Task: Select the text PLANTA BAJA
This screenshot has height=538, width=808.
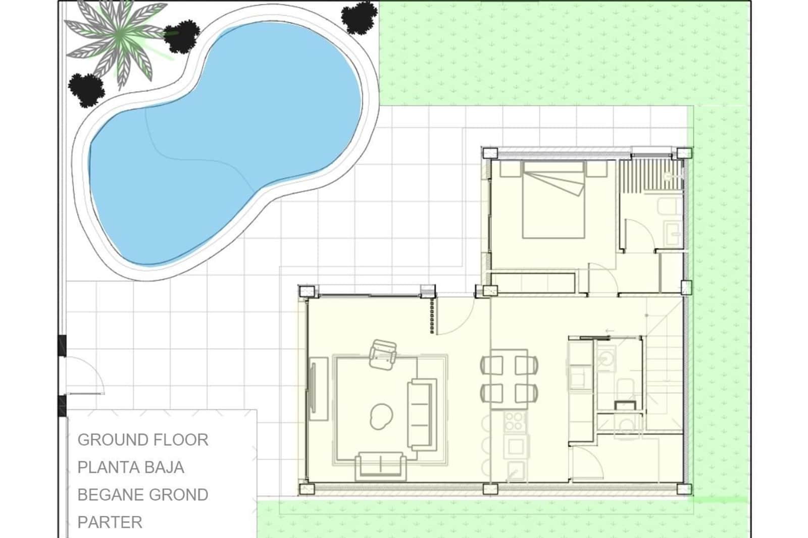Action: point(131,467)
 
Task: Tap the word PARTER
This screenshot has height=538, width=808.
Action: point(110,522)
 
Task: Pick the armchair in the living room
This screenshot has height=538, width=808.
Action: point(383,354)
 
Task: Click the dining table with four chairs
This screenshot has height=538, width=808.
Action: point(509,379)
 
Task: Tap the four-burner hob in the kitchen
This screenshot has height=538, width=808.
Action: point(515,421)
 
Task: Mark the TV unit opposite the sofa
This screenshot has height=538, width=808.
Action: point(318,389)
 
